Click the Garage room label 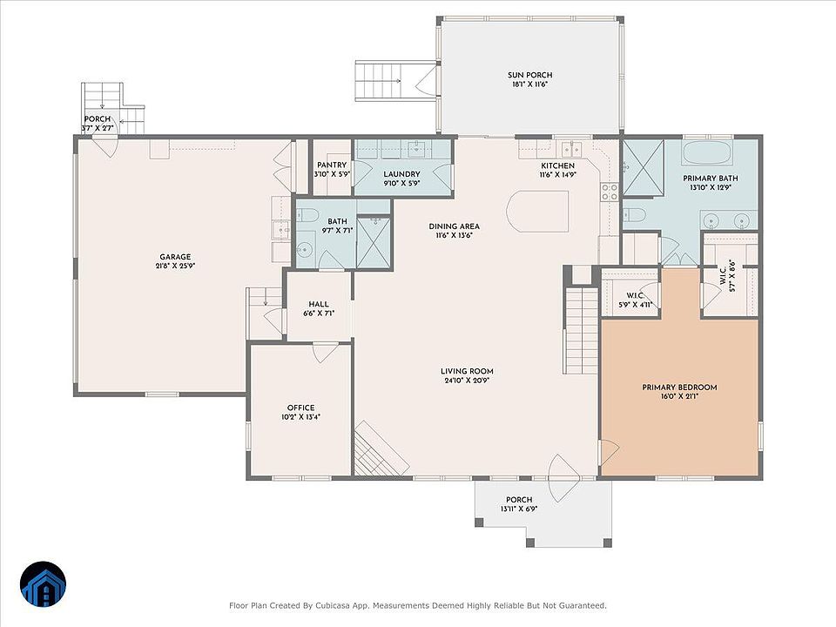coord(175,257)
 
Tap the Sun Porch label coord(530,75)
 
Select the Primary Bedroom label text coord(679,388)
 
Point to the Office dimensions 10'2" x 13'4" coord(300,417)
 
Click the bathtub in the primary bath coord(707,153)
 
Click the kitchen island coord(538,211)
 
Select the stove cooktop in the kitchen coord(610,192)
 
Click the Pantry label coord(332,165)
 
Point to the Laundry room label coord(401,174)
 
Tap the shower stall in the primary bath coord(644,168)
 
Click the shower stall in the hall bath coord(374,241)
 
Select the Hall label coord(319,305)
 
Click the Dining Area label coord(455,226)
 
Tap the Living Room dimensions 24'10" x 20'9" coord(467,381)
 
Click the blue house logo coord(44,584)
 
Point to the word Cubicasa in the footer coord(332,606)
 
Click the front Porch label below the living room coord(519,500)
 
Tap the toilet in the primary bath coord(635,215)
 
